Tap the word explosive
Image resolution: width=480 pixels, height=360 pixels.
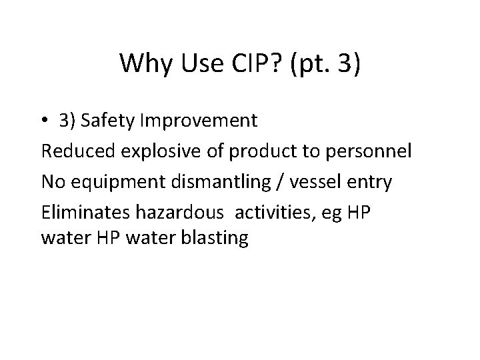point(148,151)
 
